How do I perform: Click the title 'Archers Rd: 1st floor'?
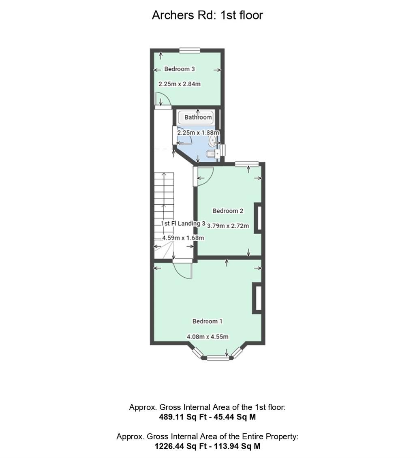pos(207,15)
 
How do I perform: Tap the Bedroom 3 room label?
pos(180,69)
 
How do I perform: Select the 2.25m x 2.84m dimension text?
pos(180,84)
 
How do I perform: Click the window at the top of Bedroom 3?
pos(190,50)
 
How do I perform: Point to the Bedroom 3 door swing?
pos(162,100)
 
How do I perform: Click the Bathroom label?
pos(198,118)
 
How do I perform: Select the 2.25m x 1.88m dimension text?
pos(198,133)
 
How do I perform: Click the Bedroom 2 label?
pos(228,211)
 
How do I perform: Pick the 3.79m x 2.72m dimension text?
pos(228,226)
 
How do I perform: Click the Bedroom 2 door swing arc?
pos(205,176)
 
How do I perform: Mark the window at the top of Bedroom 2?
pos(247,164)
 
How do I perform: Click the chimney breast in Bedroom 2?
pos(257,218)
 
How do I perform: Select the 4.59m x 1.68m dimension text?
pos(183,238)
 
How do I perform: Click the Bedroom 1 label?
pos(207,321)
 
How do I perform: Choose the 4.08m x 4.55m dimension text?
pos(207,337)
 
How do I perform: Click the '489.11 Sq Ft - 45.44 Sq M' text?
pos(207,417)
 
